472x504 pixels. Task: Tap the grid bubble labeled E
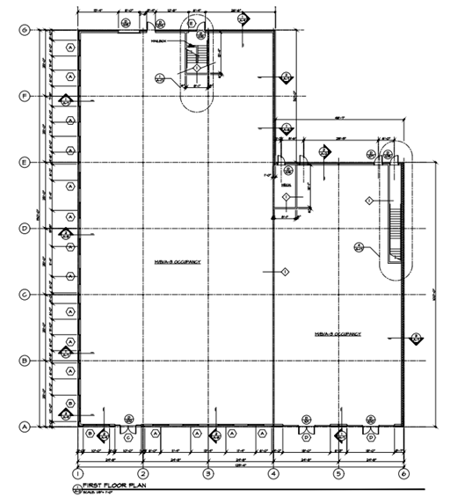point(25,162)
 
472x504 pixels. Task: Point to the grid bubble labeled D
point(25,229)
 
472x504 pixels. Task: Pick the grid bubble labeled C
point(25,294)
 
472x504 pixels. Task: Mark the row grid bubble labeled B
point(25,360)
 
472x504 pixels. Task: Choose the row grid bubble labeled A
point(25,426)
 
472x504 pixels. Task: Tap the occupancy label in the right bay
point(338,334)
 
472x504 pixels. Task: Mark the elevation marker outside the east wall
point(418,337)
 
